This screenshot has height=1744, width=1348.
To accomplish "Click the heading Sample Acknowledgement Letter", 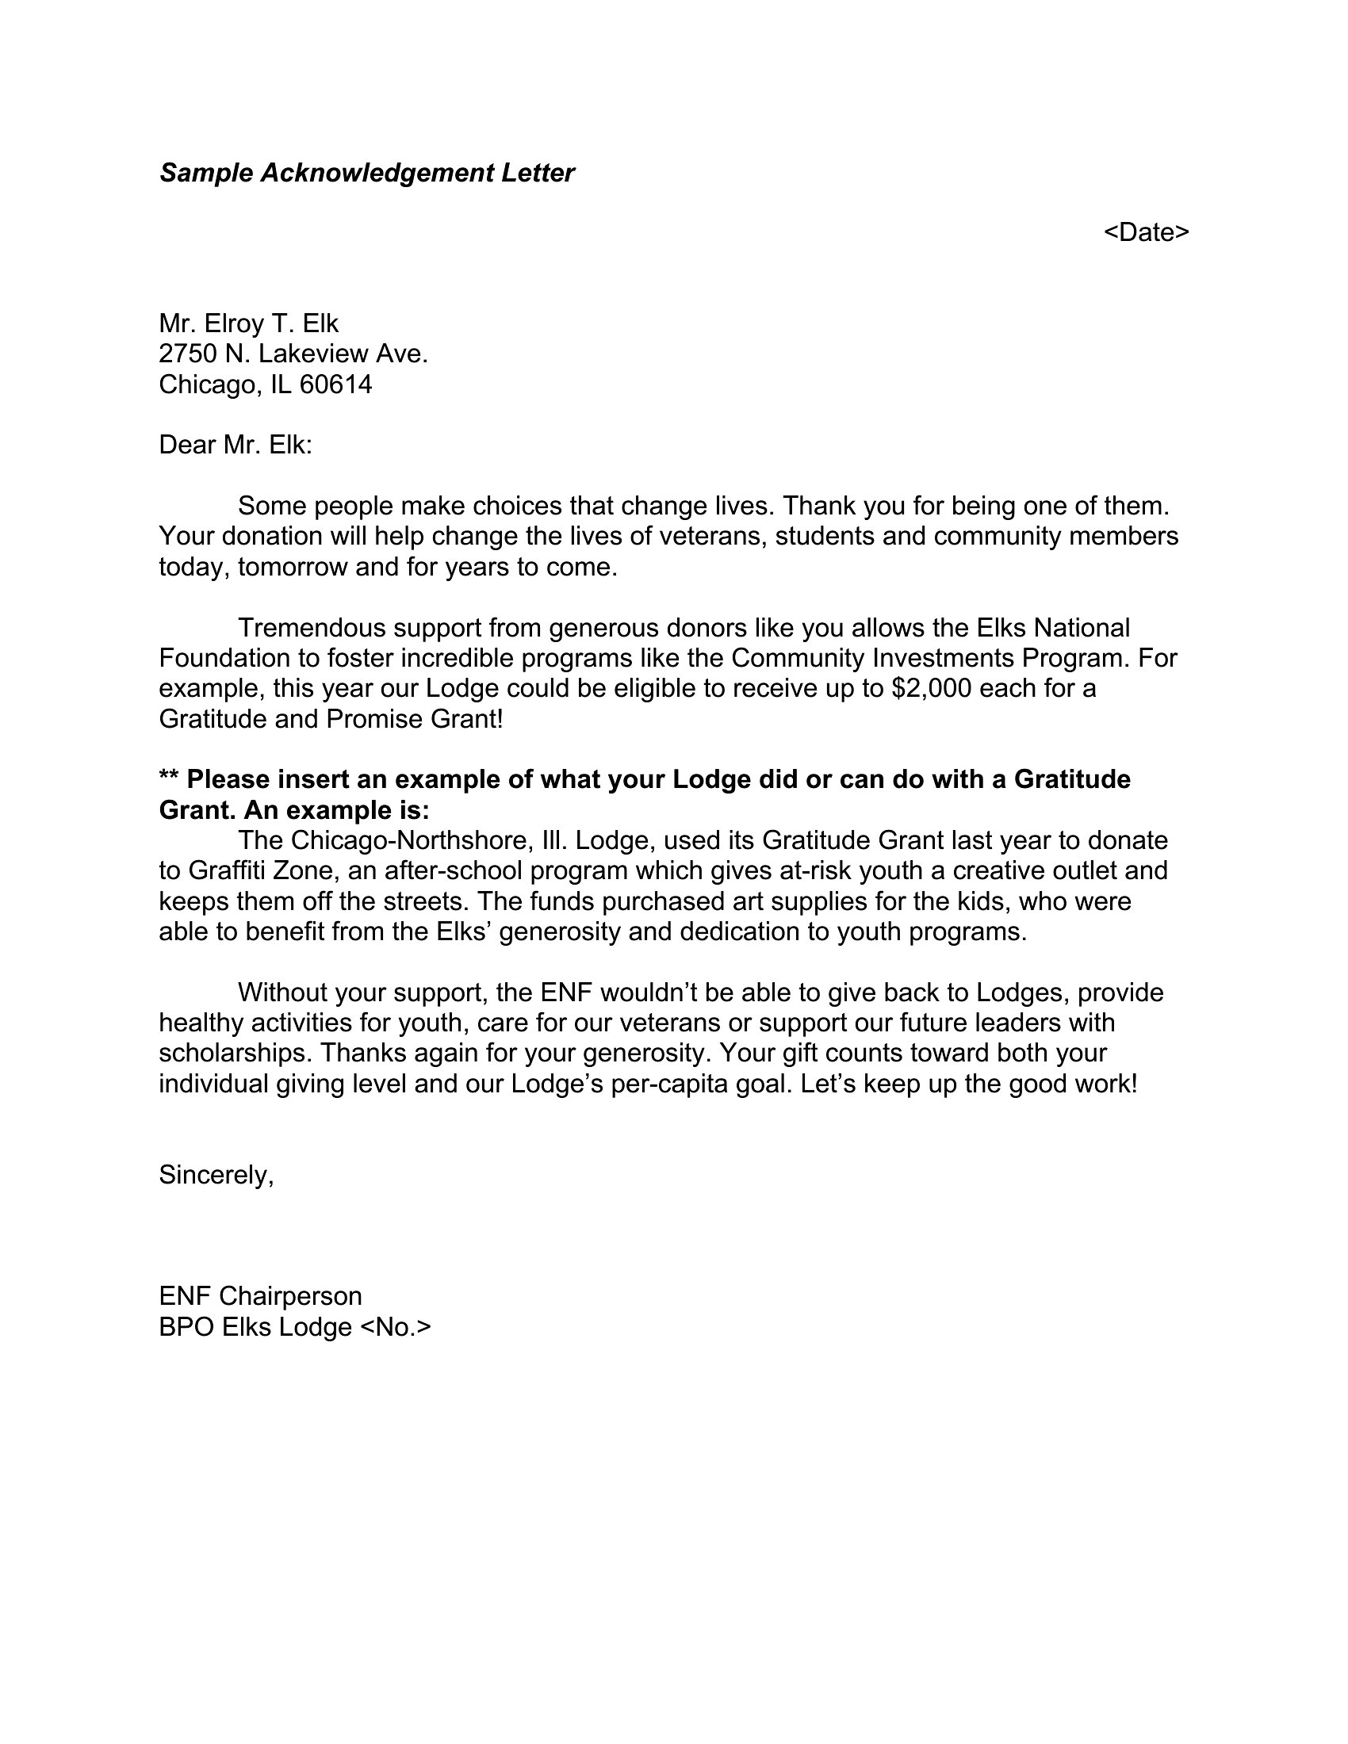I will (366, 173).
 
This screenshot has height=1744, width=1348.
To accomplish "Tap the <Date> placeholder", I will (1146, 232).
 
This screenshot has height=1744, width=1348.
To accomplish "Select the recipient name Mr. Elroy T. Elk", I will (248, 323).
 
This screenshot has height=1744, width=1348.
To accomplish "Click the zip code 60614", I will (335, 385).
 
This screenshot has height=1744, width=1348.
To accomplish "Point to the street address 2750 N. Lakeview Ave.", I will (293, 354).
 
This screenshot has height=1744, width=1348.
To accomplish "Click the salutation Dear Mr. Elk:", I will (236, 445).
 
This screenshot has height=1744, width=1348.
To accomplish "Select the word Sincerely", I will (216, 1175).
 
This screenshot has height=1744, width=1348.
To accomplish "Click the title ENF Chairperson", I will (260, 1296).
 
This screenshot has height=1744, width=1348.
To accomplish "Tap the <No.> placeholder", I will (396, 1327).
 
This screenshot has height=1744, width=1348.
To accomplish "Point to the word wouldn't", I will (649, 992).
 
